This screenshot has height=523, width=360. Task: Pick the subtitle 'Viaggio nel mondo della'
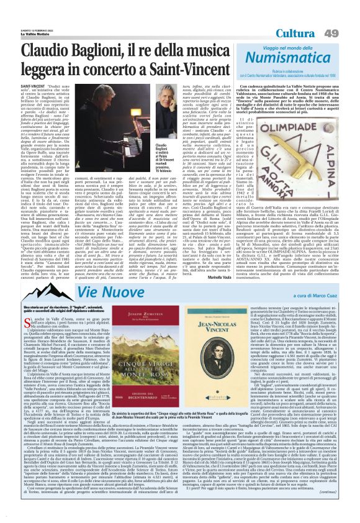[x=300, y=48]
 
